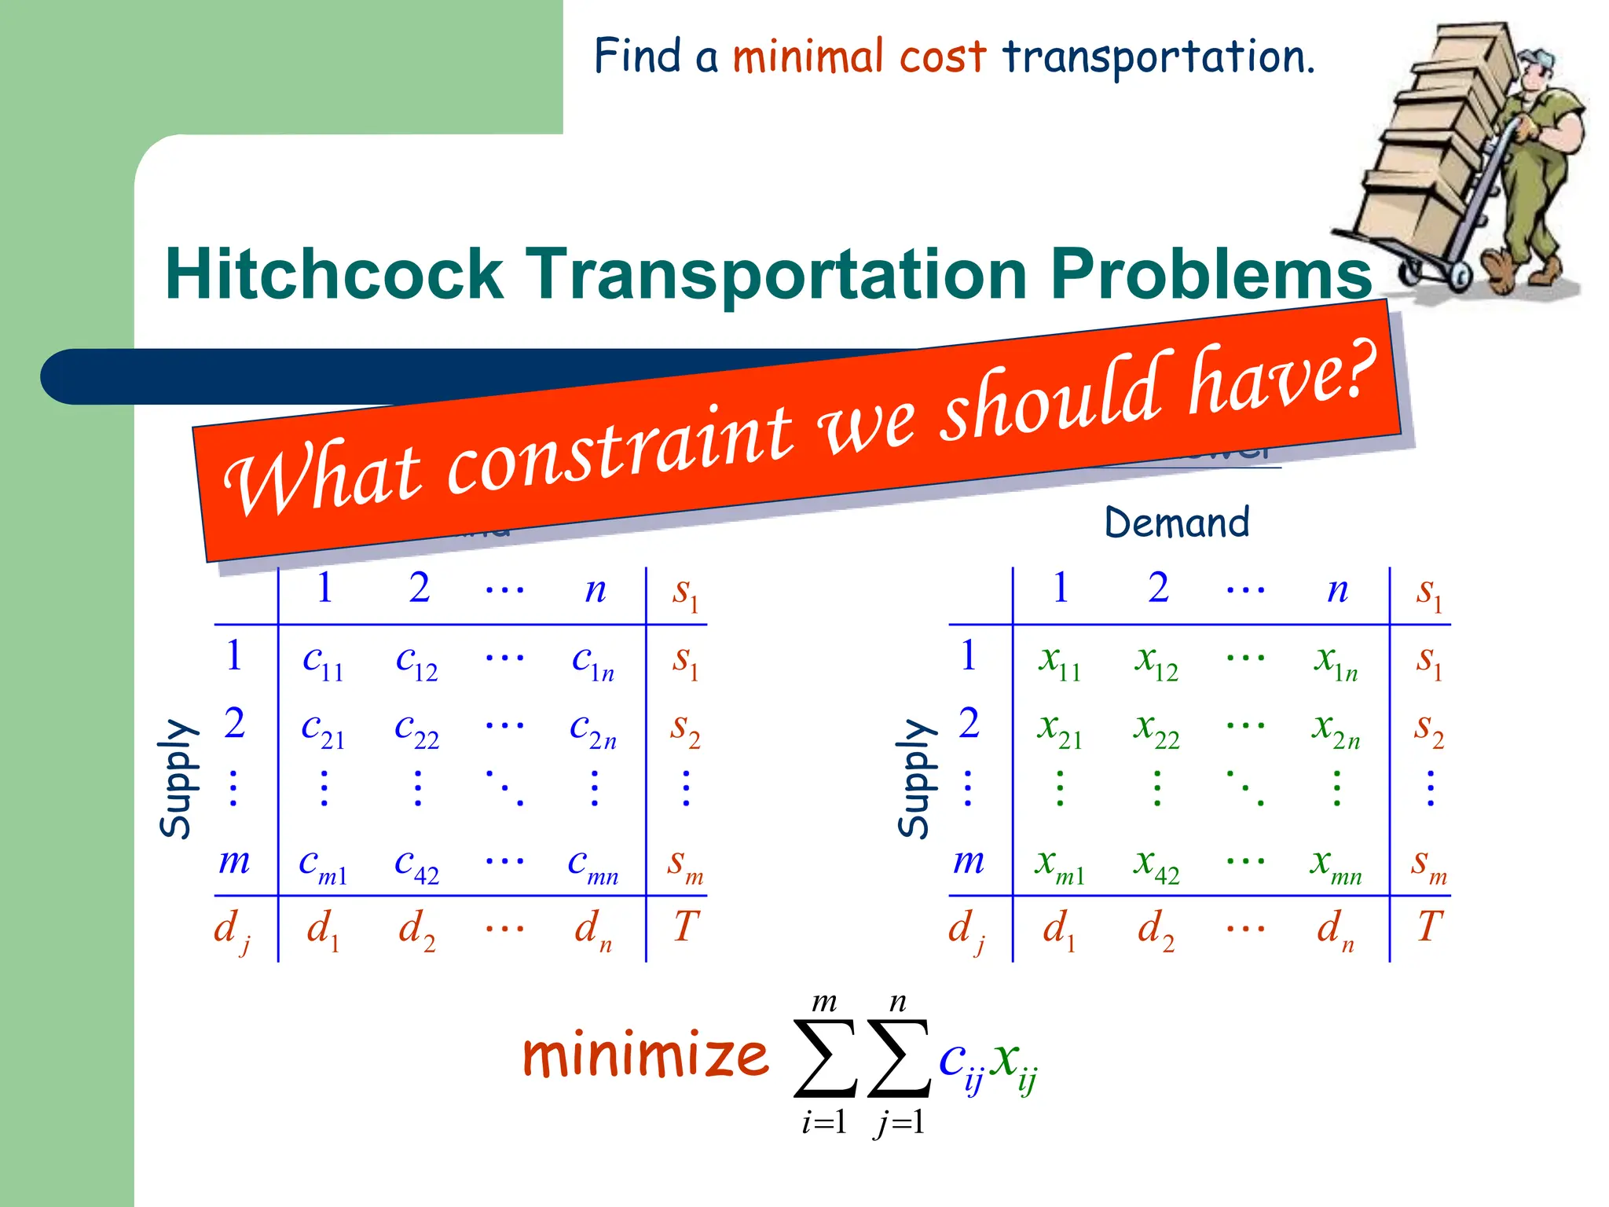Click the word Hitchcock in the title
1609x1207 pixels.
coord(334,274)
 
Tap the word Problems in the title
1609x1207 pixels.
coord(1211,274)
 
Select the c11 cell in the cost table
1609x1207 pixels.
coord(323,661)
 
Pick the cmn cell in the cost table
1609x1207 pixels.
coord(593,865)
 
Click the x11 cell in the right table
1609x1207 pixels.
coord(1059,661)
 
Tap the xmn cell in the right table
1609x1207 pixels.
coord(1336,865)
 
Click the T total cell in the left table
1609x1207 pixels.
coord(685,926)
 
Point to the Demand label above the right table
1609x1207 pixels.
coord(1176,523)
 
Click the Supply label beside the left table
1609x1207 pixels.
coord(176,778)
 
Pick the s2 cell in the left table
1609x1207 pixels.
coord(684,728)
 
